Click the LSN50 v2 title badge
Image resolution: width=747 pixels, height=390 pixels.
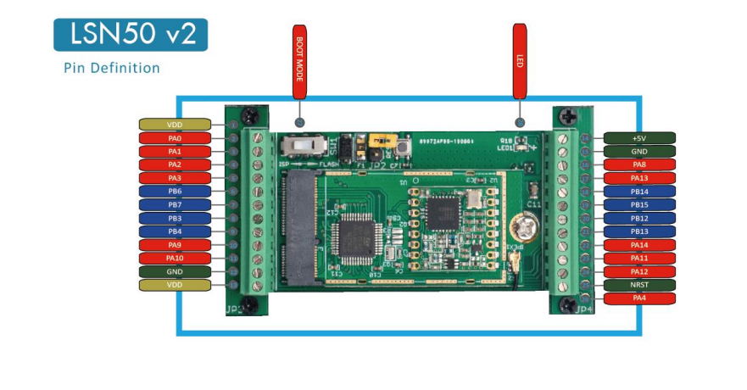coord(130,35)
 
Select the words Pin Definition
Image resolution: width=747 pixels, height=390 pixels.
coord(112,68)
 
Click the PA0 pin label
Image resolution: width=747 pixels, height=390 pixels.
coord(175,137)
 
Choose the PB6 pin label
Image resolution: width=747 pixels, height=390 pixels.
coord(175,192)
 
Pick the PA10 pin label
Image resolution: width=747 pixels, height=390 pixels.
coord(175,258)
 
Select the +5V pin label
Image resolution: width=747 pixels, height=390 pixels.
coord(639,137)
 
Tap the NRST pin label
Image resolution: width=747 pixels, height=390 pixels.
coord(639,285)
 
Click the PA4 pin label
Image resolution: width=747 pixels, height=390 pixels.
coord(639,298)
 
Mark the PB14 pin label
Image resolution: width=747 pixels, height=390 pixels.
coord(639,192)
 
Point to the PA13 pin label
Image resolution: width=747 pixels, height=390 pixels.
coord(639,178)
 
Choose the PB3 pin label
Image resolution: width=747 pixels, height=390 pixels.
coord(175,218)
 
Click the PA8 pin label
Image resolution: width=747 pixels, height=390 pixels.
coord(639,164)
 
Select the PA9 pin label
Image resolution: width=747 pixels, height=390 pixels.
coord(175,245)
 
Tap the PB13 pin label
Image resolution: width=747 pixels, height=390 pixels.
coord(639,231)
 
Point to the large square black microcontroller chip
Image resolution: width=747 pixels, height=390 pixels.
coord(354,237)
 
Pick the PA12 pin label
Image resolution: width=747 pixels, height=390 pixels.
coord(639,271)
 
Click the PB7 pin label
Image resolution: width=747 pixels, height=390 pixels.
coord(175,205)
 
